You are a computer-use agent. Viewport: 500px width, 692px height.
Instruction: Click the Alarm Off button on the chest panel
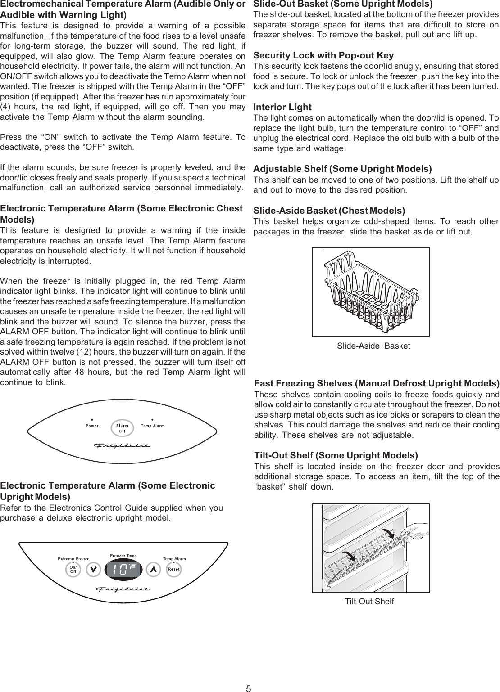[x=122, y=428]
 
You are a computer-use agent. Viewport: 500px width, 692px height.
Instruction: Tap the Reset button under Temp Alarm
[x=173, y=569]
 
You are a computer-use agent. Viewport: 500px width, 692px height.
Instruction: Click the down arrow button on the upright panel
[x=93, y=569]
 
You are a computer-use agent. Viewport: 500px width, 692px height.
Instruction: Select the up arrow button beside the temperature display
[x=153, y=569]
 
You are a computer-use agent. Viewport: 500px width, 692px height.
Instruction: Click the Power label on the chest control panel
[x=92, y=425]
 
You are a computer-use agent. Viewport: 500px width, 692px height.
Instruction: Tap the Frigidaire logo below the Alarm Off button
[x=122, y=445]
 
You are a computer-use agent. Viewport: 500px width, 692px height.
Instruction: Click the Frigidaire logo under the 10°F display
[x=122, y=589]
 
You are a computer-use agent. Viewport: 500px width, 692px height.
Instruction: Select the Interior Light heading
[x=282, y=107]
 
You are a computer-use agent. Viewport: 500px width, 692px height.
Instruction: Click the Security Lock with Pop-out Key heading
[x=323, y=55]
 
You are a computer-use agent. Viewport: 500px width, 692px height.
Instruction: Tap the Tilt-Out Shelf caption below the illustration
[x=369, y=602]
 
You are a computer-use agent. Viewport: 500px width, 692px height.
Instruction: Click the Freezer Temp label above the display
[x=123, y=556]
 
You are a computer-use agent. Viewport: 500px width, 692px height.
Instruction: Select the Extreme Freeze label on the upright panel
[x=74, y=558]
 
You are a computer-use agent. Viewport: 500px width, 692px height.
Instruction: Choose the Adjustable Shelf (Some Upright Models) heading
[x=342, y=169]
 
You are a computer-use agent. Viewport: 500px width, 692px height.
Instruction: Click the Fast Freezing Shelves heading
[x=377, y=384]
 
